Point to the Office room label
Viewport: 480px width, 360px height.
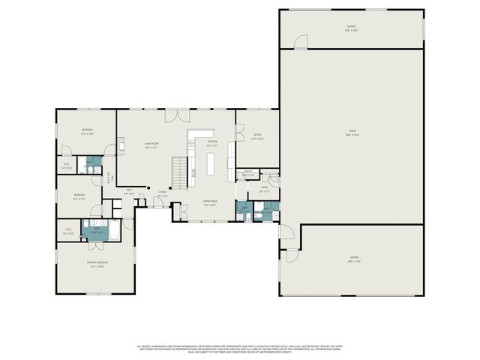[x=256, y=136]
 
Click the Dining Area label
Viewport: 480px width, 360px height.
[x=210, y=202]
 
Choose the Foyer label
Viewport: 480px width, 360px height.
[x=162, y=194]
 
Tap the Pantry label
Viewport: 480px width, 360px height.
[x=248, y=174]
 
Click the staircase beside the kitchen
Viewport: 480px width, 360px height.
[x=179, y=172]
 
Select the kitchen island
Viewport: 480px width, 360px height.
[x=211, y=164]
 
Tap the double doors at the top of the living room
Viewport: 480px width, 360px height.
[x=177, y=115]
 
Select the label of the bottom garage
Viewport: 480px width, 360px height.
[x=353, y=259]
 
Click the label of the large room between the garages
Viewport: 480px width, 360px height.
[x=352, y=134]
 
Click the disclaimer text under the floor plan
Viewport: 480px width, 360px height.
[x=240, y=349]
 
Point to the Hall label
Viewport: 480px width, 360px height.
[x=129, y=191]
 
